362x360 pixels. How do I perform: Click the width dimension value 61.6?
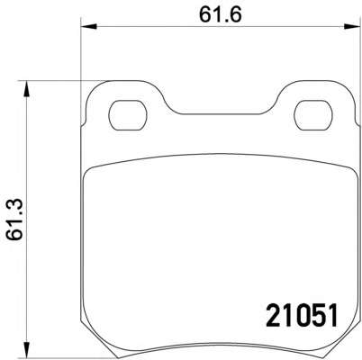click(x=220, y=14)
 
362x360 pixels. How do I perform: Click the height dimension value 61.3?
click(x=14, y=220)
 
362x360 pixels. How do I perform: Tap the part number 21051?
click(x=302, y=315)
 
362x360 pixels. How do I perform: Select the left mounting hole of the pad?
click(x=128, y=115)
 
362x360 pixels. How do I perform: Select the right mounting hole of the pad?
click(x=313, y=115)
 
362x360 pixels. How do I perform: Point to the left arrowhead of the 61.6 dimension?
click(x=88, y=27)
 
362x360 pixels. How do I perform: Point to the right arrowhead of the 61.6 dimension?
click(x=352, y=27)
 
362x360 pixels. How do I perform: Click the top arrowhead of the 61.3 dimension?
click(x=27, y=88)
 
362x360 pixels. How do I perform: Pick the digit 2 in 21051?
click(x=273, y=315)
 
